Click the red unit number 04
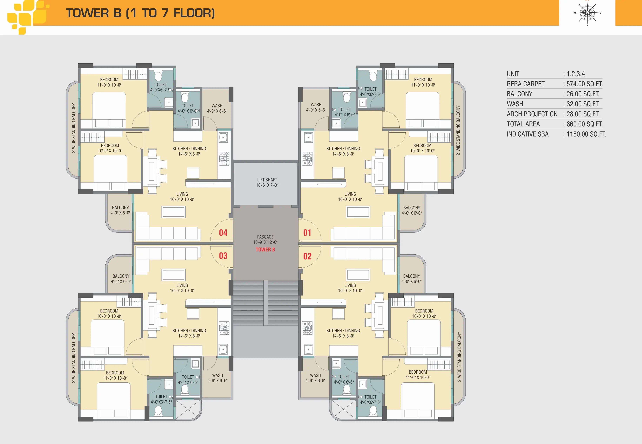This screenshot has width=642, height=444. point(223,233)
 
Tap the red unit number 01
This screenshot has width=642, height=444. point(307,233)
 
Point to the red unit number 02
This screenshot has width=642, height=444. point(307,256)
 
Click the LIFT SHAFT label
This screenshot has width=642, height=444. point(267,180)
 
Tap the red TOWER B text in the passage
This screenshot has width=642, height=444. point(265,249)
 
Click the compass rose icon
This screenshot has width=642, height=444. point(587,13)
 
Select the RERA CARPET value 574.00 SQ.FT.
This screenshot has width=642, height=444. point(585,84)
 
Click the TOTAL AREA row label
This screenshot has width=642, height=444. point(523,124)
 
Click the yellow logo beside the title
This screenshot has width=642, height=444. point(28,17)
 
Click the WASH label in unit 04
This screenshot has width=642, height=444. point(217,106)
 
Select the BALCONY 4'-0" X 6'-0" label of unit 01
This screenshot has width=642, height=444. point(412,210)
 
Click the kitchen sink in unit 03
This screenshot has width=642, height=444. point(223,349)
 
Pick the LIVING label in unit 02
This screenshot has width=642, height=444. point(350,285)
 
